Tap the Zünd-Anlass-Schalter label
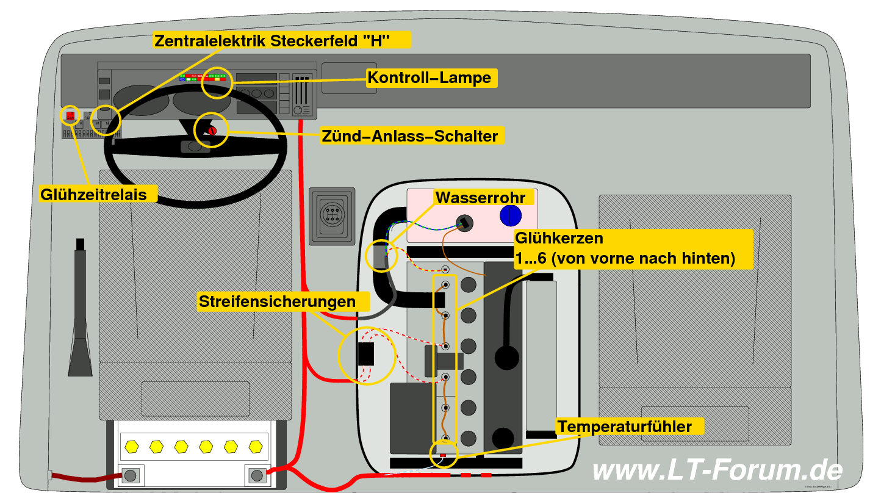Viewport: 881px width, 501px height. [x=409, y=135]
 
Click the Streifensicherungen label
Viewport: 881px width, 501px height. [x=277, y=301]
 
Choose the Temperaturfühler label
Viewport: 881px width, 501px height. [x=625, y=426]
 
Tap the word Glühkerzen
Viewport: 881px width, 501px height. [x=559, y=238]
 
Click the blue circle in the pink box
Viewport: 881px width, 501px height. [x=511, y=216]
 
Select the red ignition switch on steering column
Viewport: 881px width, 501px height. [x=212, y=131]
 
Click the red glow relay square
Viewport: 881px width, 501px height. [x=71, y=114]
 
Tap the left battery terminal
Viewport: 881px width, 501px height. [x=131, y=475]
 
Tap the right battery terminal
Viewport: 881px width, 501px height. [x=257, y=475]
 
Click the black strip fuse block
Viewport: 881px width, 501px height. [x=365, y=354]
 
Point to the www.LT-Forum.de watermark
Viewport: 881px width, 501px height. [x=717, y=470]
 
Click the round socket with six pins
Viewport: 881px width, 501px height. [x=331, y=216]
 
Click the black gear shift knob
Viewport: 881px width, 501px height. [x=506, y=358]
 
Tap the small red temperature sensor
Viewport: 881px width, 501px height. [x=444, y=455]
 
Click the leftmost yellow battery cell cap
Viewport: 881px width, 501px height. [x=131, y=446]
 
